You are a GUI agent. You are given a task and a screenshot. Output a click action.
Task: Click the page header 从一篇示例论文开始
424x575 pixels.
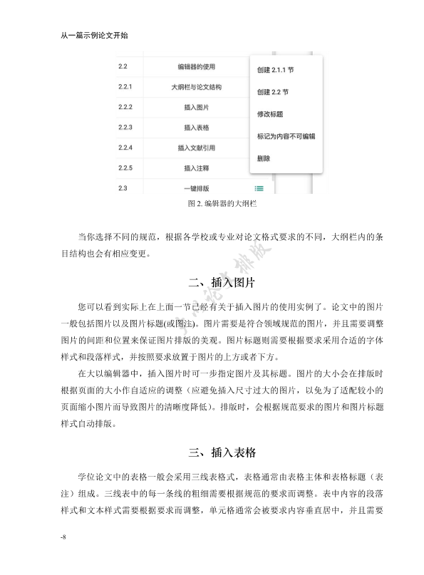(x=95, y=34)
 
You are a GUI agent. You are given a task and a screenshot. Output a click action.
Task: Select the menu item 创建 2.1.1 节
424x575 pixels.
(x=275, y=71)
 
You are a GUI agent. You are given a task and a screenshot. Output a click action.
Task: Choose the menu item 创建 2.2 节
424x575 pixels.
(x=272, y=92)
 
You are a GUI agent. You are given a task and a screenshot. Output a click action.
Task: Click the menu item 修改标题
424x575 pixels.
(x=270, y=114)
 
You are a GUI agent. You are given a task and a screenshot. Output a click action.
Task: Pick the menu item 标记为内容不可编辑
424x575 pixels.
(x=286, y=135)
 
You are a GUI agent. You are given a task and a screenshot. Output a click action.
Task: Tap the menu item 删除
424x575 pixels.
(x=264, y=157)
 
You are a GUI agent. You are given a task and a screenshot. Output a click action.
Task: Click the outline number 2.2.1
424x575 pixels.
(x=126, y=88)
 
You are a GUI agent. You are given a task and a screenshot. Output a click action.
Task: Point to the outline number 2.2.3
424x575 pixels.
(x=126, y=128)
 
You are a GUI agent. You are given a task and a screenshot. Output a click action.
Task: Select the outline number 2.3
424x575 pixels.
(x=123, y=187)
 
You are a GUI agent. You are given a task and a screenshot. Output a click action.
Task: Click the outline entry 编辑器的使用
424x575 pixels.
(x=196, y=67)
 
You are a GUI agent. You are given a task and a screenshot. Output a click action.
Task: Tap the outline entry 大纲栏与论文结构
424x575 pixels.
(x=196, y=88)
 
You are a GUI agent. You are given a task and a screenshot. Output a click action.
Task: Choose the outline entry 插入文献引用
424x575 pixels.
(x=196, y=148)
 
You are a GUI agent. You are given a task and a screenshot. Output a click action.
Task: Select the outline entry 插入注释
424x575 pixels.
(x=196, y=168)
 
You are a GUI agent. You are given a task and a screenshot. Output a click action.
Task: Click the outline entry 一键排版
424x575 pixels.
(x=196, y=188)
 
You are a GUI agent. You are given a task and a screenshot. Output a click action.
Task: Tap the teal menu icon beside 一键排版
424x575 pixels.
(x=259, y=188)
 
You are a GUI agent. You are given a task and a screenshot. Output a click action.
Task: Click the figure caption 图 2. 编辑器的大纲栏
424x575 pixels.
(x=211, y=203)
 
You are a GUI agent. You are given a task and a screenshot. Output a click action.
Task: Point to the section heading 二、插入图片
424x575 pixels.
(x=212, y=283)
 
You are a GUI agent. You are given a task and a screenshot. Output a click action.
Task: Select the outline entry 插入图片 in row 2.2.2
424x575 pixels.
(x=196, y=108)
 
